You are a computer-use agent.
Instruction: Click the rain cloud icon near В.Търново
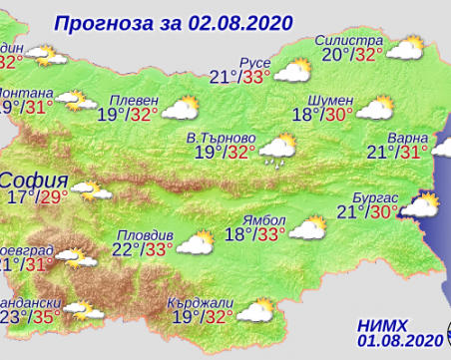276,153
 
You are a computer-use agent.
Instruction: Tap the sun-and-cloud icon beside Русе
291,70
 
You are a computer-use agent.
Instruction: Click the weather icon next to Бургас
419,206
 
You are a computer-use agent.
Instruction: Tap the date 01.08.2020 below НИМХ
395,341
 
